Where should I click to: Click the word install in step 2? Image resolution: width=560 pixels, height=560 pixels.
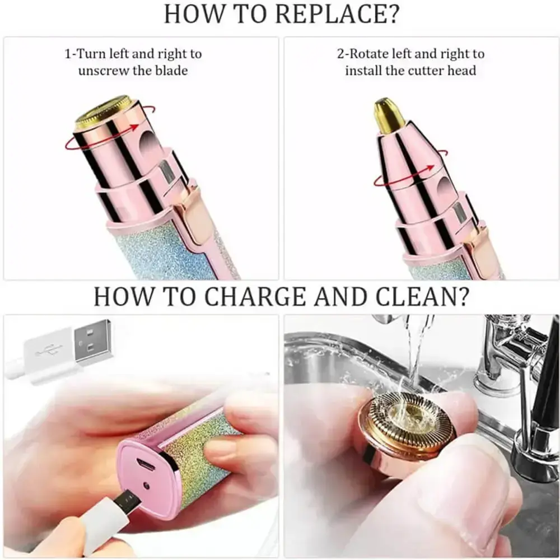point(365,71)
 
